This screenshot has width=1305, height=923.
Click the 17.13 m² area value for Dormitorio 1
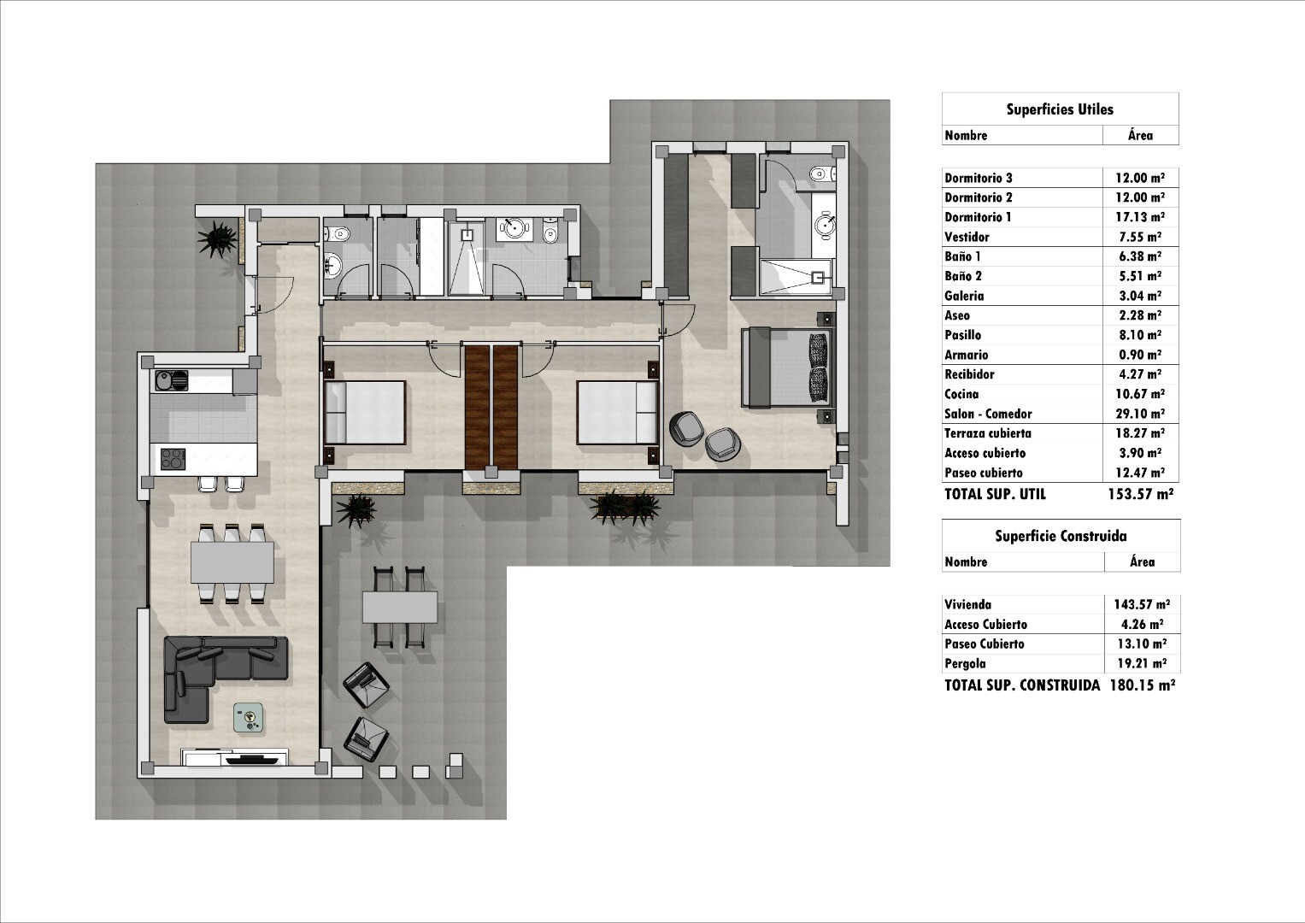[1140, 217]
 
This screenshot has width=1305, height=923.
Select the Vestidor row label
[967, 238]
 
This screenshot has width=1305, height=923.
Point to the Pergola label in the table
[966, 664]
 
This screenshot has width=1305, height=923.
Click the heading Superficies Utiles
[1060, 109]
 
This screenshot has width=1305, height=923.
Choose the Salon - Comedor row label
[988, 414]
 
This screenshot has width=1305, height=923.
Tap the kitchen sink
[172, 381]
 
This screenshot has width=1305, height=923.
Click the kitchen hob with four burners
[173, 459]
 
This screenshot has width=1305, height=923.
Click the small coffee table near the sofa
[250, 717]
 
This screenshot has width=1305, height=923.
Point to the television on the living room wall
[251, 759]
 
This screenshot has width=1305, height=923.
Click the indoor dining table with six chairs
[232, 562]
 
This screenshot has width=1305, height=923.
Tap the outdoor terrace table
[400, 608]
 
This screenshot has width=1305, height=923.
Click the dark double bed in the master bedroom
[786, 367]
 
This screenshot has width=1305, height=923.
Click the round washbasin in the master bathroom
[825, 224]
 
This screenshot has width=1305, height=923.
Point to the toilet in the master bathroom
[822, 173]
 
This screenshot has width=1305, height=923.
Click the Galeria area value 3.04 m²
[1140, 296]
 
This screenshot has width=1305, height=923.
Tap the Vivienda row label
[967, 605]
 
